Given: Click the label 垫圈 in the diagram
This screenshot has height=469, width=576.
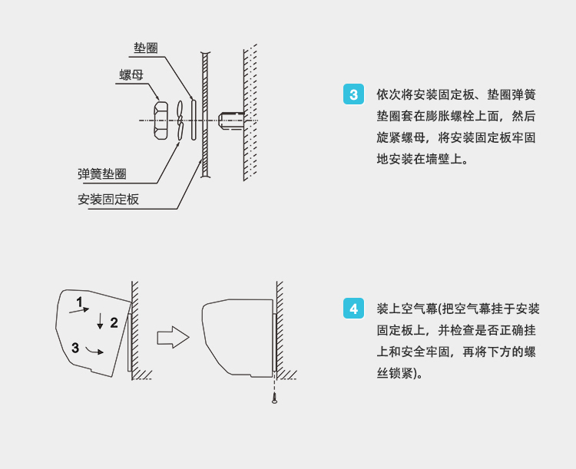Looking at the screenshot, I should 146,48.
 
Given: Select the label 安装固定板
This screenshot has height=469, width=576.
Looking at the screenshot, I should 108,199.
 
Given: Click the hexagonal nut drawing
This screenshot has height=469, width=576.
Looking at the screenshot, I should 161,121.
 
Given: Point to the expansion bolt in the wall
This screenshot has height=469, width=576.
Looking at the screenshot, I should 230,121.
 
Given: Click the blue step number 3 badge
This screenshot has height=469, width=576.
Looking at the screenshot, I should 353,95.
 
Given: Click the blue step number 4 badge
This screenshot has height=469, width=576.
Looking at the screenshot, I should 353,309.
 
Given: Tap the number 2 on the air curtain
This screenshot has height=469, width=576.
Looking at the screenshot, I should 114,322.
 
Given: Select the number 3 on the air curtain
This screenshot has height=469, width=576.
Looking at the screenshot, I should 75,347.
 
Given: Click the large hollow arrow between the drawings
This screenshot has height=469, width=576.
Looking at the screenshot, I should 173,336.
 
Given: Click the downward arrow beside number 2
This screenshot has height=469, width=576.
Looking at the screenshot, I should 99,322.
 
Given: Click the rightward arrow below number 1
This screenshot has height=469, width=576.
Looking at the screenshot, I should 79,310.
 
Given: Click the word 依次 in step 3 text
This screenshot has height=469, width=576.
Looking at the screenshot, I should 386,95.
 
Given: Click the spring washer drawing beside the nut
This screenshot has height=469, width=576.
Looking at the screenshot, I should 180,121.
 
